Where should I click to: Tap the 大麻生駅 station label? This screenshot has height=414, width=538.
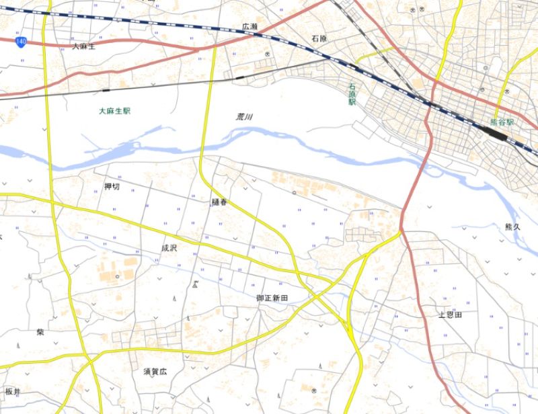click(x=114, y=110)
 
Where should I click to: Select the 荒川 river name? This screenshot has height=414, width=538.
click(x=244, y=117)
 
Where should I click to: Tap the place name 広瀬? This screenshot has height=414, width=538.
click(x=250, y=27)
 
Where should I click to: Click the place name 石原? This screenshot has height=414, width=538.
click(x=319, y=38)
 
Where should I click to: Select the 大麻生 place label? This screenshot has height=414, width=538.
click(x=84, y=46)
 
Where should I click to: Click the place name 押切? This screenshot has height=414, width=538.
click(x=112, y=187)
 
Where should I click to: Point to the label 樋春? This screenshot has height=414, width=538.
click(x=220, y=201)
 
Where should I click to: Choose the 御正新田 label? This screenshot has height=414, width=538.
click(x=272, y=297)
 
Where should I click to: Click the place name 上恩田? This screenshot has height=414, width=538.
click(x=450, y=315)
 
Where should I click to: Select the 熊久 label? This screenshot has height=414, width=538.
click(x=512, y=227)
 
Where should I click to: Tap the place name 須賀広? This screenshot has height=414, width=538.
click(x=155, y=370)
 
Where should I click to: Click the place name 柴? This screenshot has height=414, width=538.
click(x=40, y=332)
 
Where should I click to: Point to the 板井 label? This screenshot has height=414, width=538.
click(x=13, y=392)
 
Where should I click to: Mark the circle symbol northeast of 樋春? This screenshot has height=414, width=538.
click(x=294, y=193)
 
